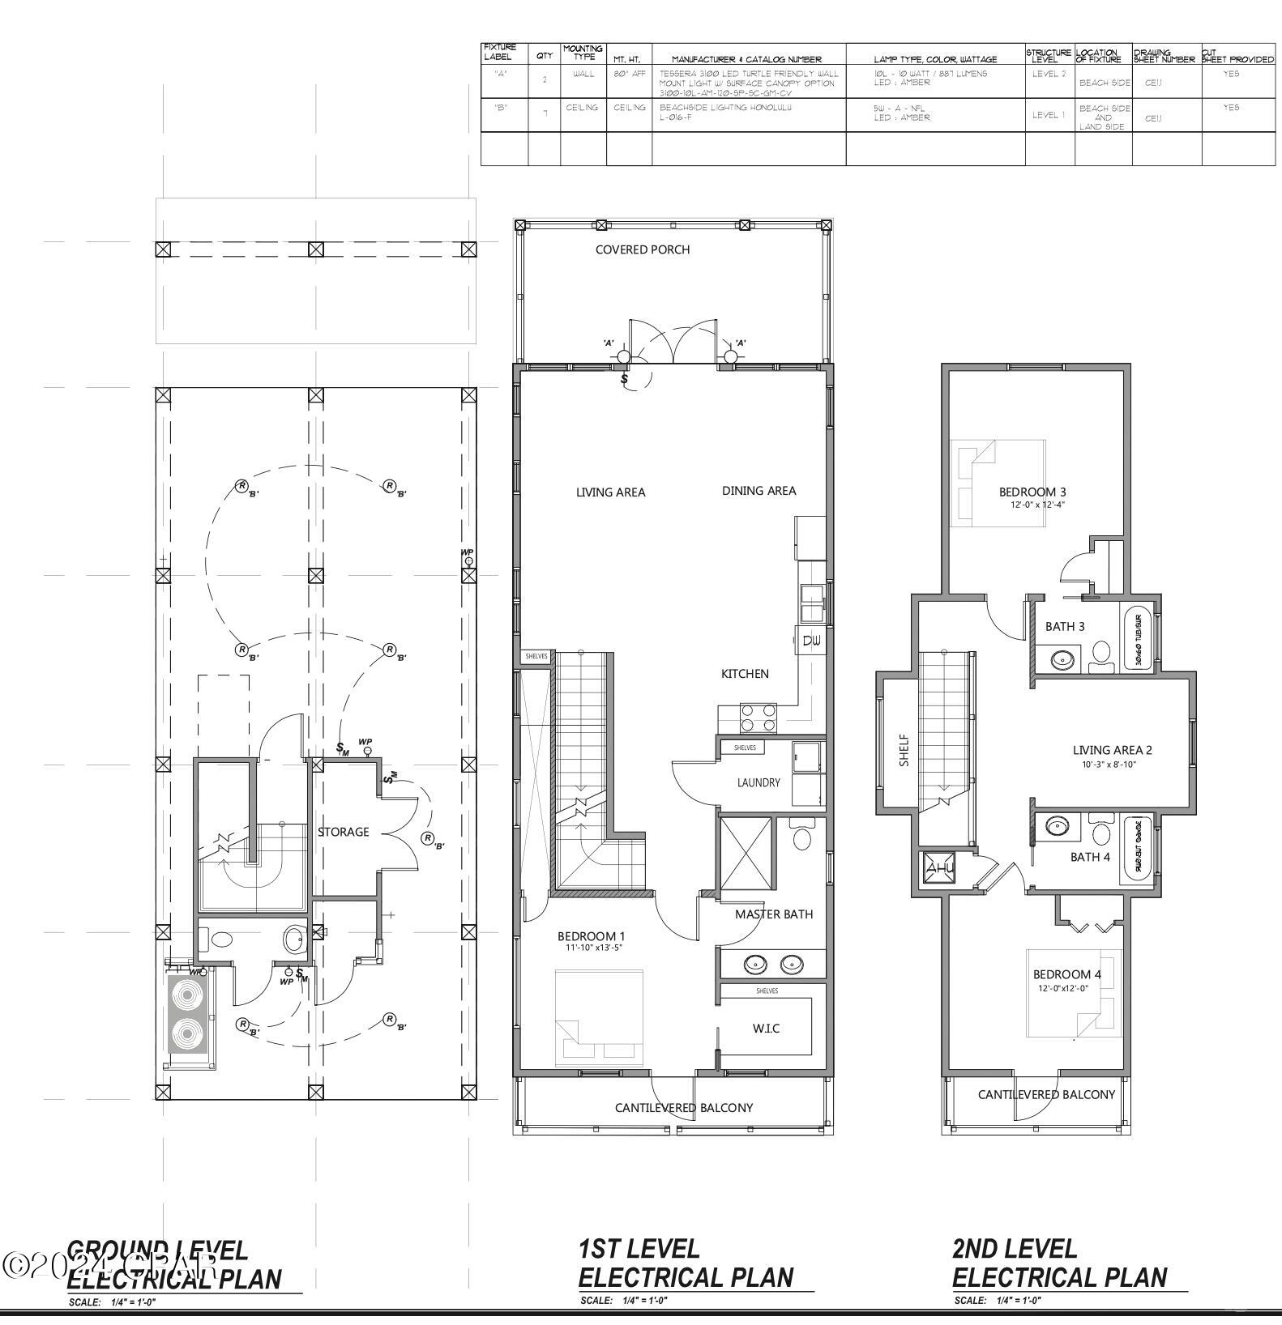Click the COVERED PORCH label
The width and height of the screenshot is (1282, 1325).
pyautogui.click(x=643, y=249)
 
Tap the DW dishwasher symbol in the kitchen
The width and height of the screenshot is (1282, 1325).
pyautogui.click(x=812, y=641)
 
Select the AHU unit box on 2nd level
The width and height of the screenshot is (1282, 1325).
pyautogui.click(x=940, y=867)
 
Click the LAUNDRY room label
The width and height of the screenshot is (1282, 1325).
pyautogui.click(x=759, y=782)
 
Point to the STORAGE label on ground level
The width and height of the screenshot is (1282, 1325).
pyautogui.click(x=343, y=832)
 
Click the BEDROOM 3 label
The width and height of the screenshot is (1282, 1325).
pyautogui.click(x=1032, y=492)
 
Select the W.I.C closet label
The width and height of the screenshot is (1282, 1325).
pyautogui.click(x=766, y=1028)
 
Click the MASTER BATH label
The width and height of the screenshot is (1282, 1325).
pyautogui.click(x=774, y=914)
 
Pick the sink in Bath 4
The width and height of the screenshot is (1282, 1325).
pyautogui.click(x=1058, y=827)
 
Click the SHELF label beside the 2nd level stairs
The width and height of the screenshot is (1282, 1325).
pyautogui.click(x=904, y=750)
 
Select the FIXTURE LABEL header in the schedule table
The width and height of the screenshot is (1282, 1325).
pyautogui.click(x=500, y=53)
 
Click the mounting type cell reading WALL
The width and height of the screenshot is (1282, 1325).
pyautogui.click(x=583, y=74)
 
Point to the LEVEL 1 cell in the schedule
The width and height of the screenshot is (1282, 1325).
pyautogui.click(x=1049, y=115)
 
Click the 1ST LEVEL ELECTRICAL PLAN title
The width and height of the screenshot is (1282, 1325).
pyautogui.click(x=686, y=1263)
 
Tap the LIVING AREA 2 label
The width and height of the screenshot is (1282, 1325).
pyautogui.click(x=1112, y=750)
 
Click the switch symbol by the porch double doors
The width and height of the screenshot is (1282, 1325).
pyautogui.click(x=625, y=378)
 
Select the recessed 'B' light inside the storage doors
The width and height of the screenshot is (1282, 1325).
pyautogui.click(x=427, y=839)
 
